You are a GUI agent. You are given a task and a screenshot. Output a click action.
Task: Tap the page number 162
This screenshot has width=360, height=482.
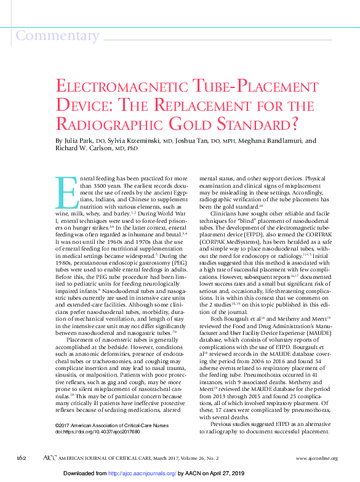[21, 457]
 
